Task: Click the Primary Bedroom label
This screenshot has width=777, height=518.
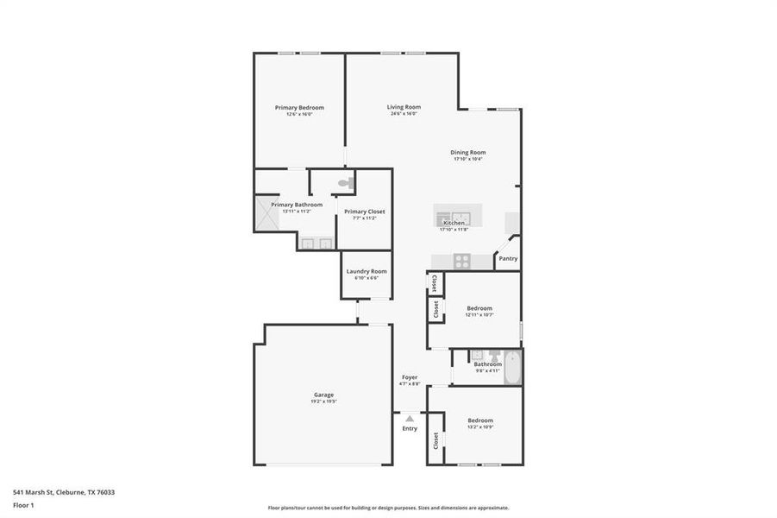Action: coord(299,108)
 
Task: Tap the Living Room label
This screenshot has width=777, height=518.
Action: coord(404,107)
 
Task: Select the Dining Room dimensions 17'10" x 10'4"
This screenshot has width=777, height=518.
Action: coord(468,159)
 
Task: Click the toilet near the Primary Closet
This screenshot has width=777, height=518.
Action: coord(345,183)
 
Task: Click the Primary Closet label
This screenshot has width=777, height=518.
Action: coord(364,212)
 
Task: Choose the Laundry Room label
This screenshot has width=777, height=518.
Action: coord(367,271)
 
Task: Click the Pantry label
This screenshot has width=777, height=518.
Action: coord(508,258)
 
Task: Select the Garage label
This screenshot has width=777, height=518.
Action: coord(323,395)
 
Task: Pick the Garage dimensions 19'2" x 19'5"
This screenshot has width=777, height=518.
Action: coord(323,401)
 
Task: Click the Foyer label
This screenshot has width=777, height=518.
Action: coord(410,377)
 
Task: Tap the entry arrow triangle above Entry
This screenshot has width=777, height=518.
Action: coord(410,418)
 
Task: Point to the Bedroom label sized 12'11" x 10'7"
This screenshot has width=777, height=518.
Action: coord(479,308)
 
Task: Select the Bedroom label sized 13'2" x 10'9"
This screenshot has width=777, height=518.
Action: coord(480,420)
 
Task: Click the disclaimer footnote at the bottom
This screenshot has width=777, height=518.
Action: coord(388,508)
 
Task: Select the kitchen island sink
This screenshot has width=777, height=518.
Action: coord(460,216)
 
